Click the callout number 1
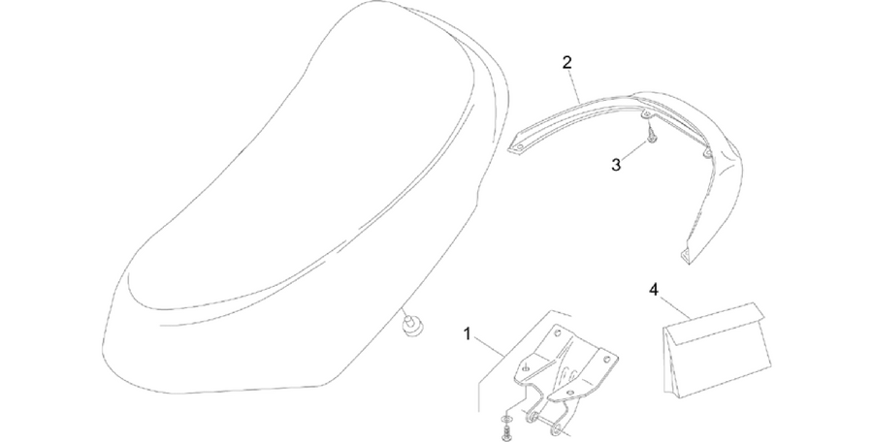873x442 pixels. coord(468,334)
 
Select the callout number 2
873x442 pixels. coord(566,62)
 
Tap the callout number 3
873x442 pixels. coord(616,165)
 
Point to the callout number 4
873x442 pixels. coord(654,290)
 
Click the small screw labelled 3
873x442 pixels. coord(650,134)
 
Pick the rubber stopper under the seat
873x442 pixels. coord(411,327)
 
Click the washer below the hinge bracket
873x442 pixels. coord(505,418)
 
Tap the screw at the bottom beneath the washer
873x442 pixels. coord(506,433)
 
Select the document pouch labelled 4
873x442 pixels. coord(717,351)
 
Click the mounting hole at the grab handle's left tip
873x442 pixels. coord(519,147)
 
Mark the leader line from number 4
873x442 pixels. coord(675,307)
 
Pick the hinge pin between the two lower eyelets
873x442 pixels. coord(544,423)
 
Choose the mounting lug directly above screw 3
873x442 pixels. coord(647,115)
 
